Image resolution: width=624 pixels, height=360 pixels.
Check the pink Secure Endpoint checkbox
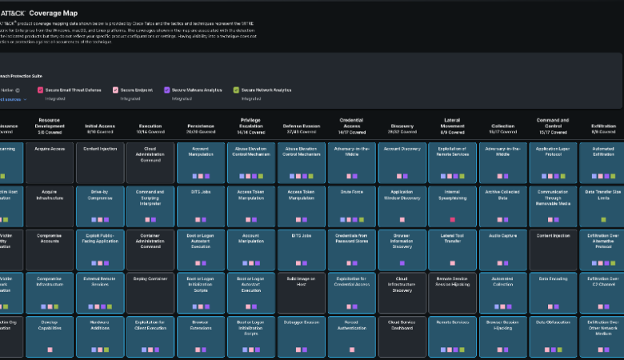[x=115, y=90]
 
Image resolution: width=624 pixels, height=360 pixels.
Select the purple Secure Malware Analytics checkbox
[x=166, y=90]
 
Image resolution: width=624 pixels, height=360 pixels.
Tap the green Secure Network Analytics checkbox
[x=236, y=90]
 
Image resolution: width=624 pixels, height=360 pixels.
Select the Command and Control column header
[x=553, y=126]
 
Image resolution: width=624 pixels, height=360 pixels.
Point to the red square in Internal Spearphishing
[x=452, y=218]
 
